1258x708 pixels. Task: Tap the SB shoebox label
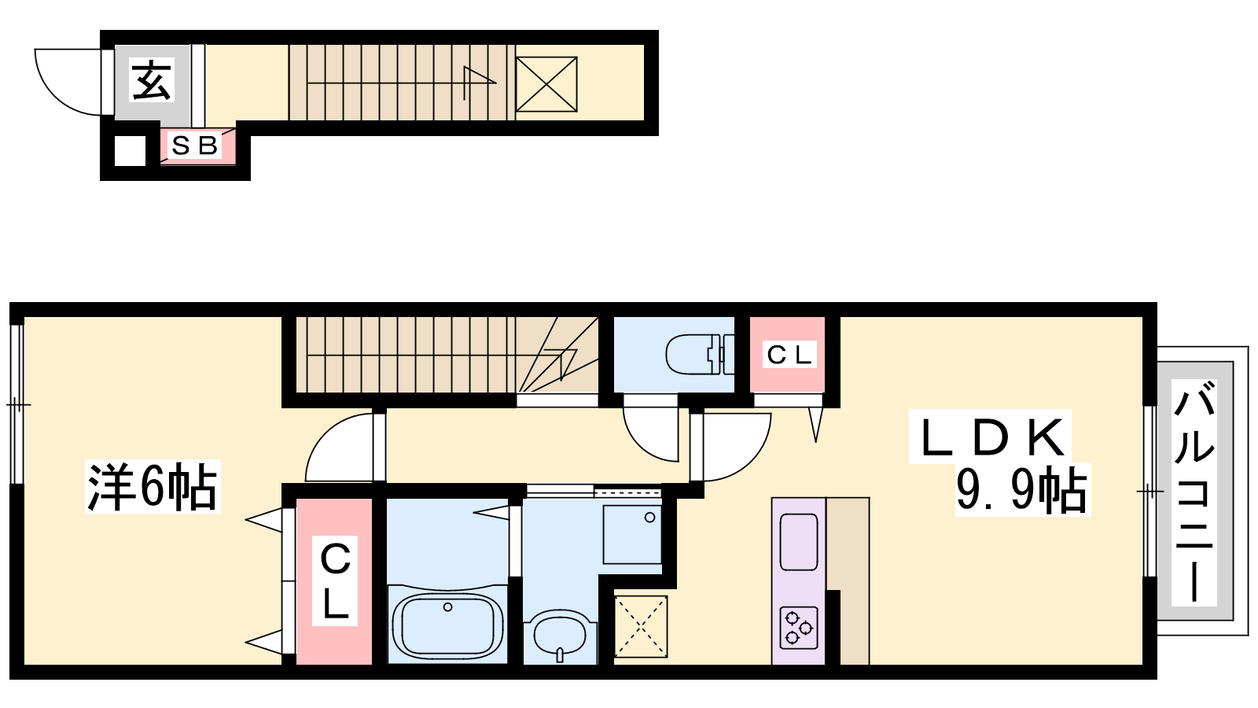click(194, 146)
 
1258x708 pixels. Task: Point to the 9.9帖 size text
click(1021, 489)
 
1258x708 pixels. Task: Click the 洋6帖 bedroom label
click(153, 487)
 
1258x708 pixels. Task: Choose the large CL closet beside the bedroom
click(335, 581)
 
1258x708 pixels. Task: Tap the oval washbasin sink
click(560, 638)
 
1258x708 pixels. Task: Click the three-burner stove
click(799, 628)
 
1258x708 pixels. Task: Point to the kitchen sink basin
click(799, 542)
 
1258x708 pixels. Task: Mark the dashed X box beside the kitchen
click(641, 626)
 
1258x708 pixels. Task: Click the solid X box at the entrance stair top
click(546, 84)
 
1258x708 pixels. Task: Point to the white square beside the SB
click(130, 150)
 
